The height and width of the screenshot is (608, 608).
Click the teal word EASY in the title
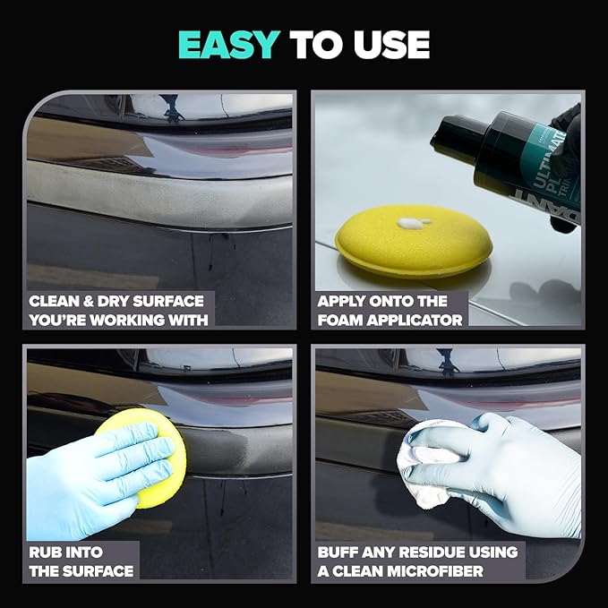click(228, 44)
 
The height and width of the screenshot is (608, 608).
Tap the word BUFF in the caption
click(341, 552)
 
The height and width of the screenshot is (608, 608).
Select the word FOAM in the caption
click(340, 320)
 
